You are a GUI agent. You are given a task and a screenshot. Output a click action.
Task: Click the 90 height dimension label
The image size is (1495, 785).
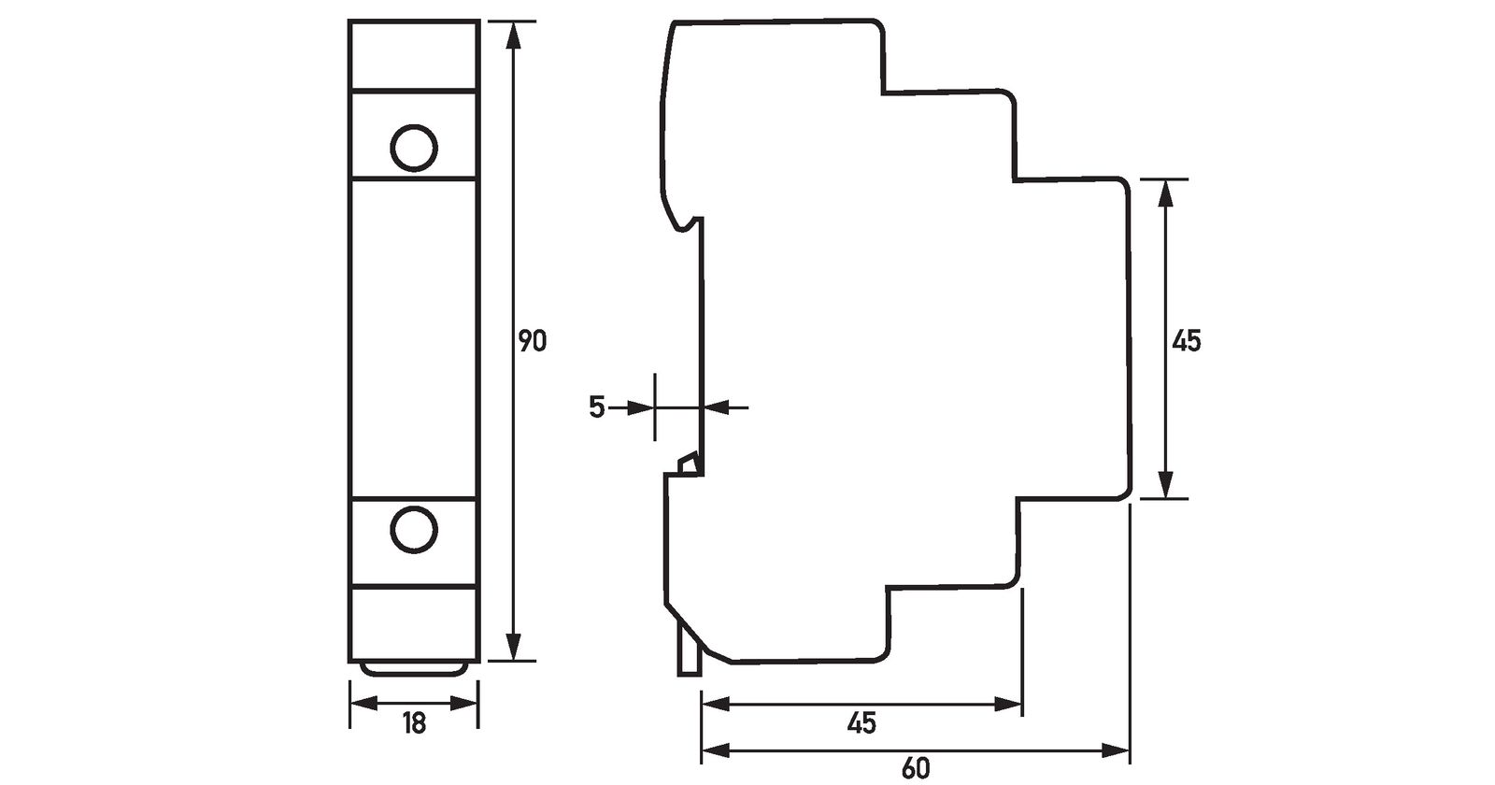tap(533, 341)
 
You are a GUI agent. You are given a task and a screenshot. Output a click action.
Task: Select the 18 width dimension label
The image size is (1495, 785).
tap(415, 723)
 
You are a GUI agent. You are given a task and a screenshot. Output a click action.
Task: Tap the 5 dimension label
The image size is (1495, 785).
tap(597, 407)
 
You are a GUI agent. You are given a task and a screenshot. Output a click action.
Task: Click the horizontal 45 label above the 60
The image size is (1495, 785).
tap(861, 723)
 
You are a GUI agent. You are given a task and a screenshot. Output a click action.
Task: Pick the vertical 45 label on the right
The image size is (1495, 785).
tap(1186, 341)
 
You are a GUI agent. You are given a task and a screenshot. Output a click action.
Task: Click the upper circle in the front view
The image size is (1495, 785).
tap(414, 149)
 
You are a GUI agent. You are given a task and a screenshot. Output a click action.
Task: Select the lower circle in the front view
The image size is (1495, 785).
tap(414, 529)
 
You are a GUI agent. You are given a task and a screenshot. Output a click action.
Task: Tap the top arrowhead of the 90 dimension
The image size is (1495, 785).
tap(513, 36)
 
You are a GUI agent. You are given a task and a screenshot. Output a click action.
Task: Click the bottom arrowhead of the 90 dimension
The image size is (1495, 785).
tap(513, 647)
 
